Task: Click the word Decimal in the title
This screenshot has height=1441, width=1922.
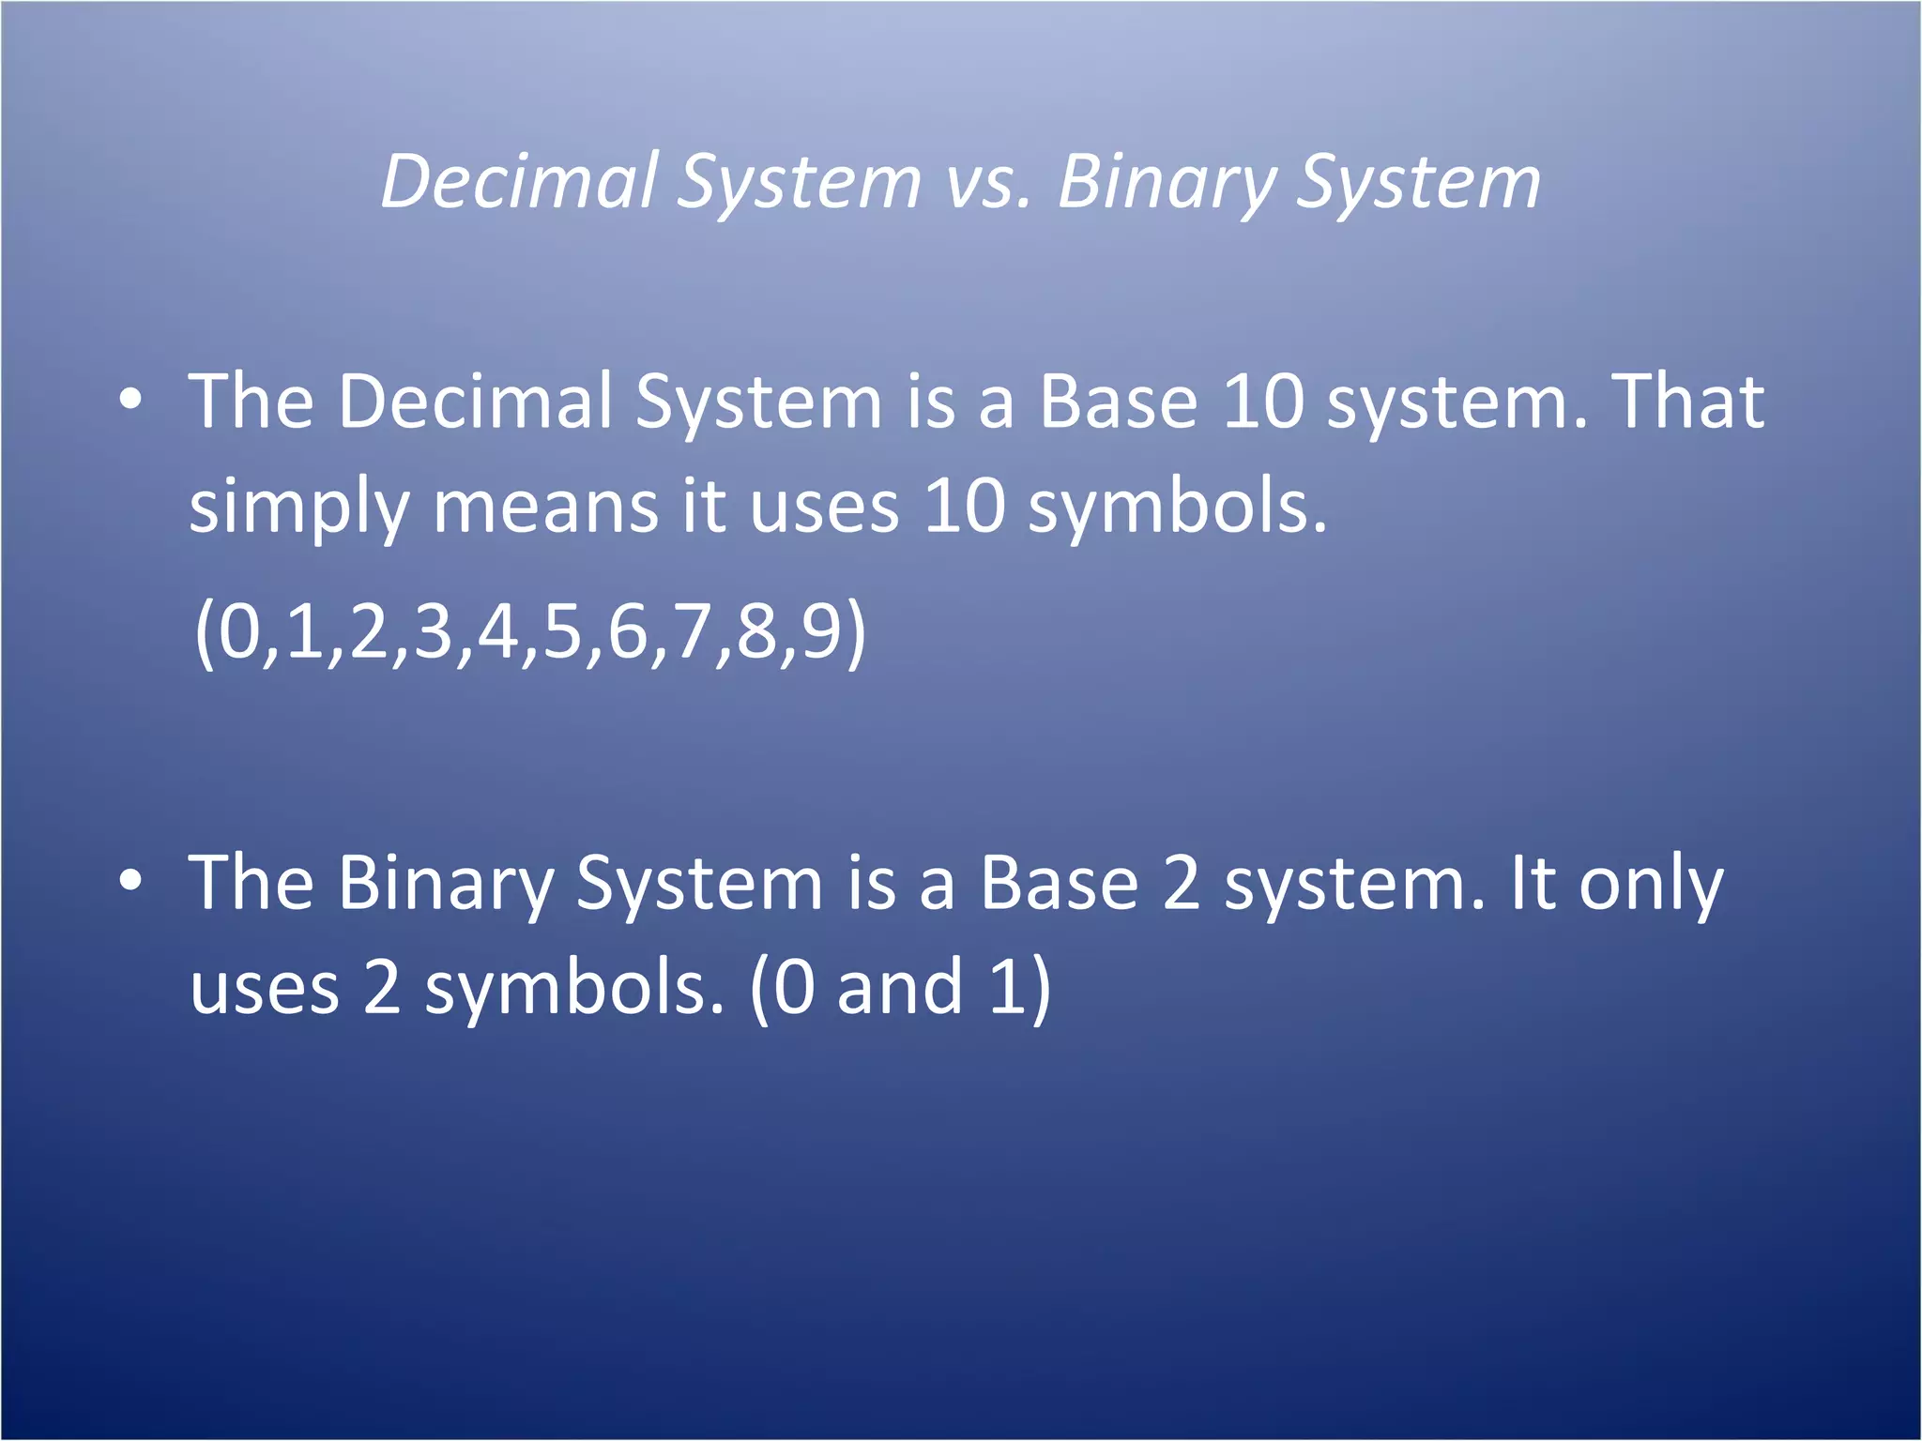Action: pyautogui.click(x=518, y=181)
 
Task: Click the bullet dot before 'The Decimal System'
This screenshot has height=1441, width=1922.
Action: pyautogui.click(x=131, y=402)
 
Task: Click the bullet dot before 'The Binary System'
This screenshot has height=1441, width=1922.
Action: pyautogui.click(x=131, y=882)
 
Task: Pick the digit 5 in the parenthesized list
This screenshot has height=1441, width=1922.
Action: pyautogui.click(x=562, y=632)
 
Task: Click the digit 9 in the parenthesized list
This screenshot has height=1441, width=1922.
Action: pyautogui.click(x=820, y=632)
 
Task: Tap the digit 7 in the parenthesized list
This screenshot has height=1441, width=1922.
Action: pyautogui.click(x=692, y=632)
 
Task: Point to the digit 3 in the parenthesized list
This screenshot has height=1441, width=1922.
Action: pyautogui.click(x=433, y=632)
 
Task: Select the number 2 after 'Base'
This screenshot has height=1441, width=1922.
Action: pyautogui.click(x=1182, y=884)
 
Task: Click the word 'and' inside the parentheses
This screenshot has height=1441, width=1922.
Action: pyautogui.click(x=899, y=988)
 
